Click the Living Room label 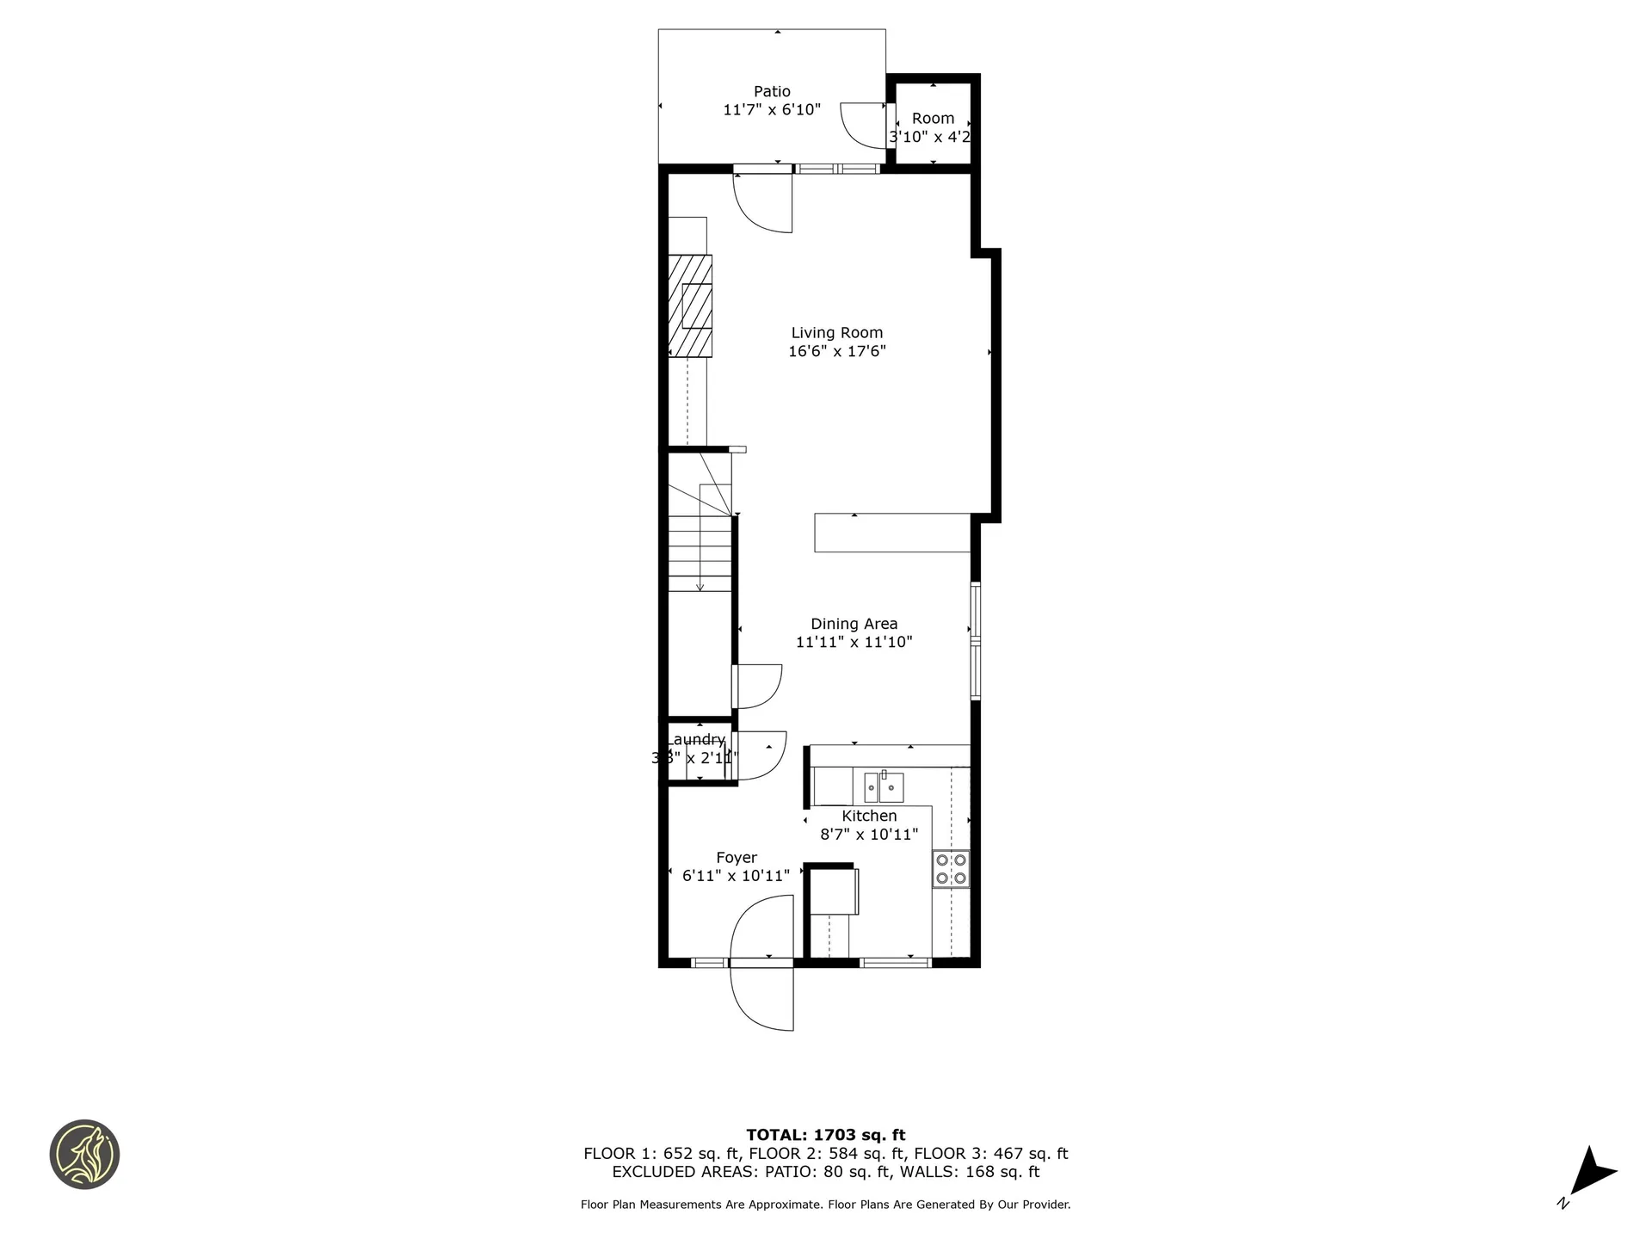point(836,333)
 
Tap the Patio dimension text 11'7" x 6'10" point(772,110)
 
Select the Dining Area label point(854,624)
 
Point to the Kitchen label point(869,816)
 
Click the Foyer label point(737,858)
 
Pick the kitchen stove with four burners point(951,869)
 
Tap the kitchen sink point(884,786)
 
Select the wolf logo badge point(84,1154)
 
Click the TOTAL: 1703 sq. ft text point(825,1135)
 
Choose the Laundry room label point(696,740)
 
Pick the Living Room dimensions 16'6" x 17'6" point(836,351)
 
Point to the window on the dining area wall point(976,641)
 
